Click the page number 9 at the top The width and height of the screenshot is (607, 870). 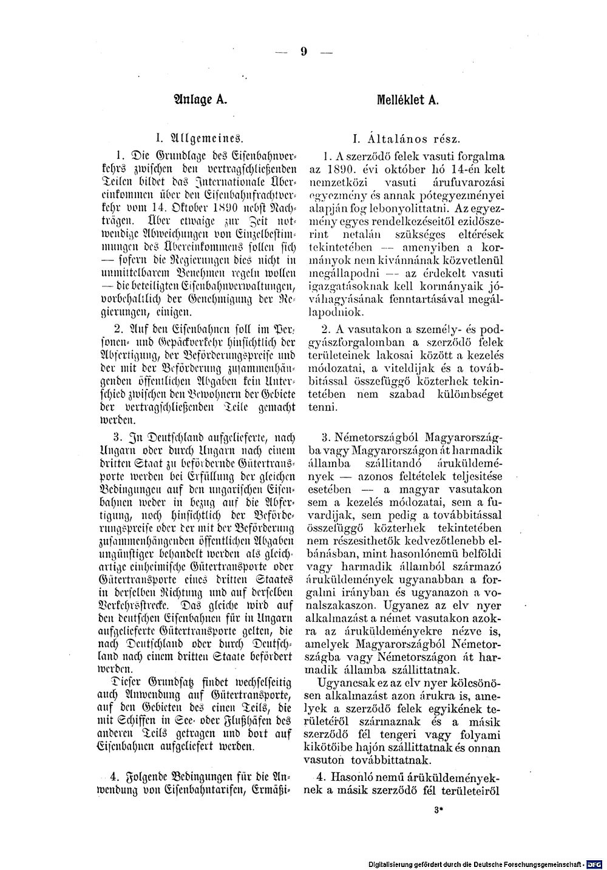pos(302,52)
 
